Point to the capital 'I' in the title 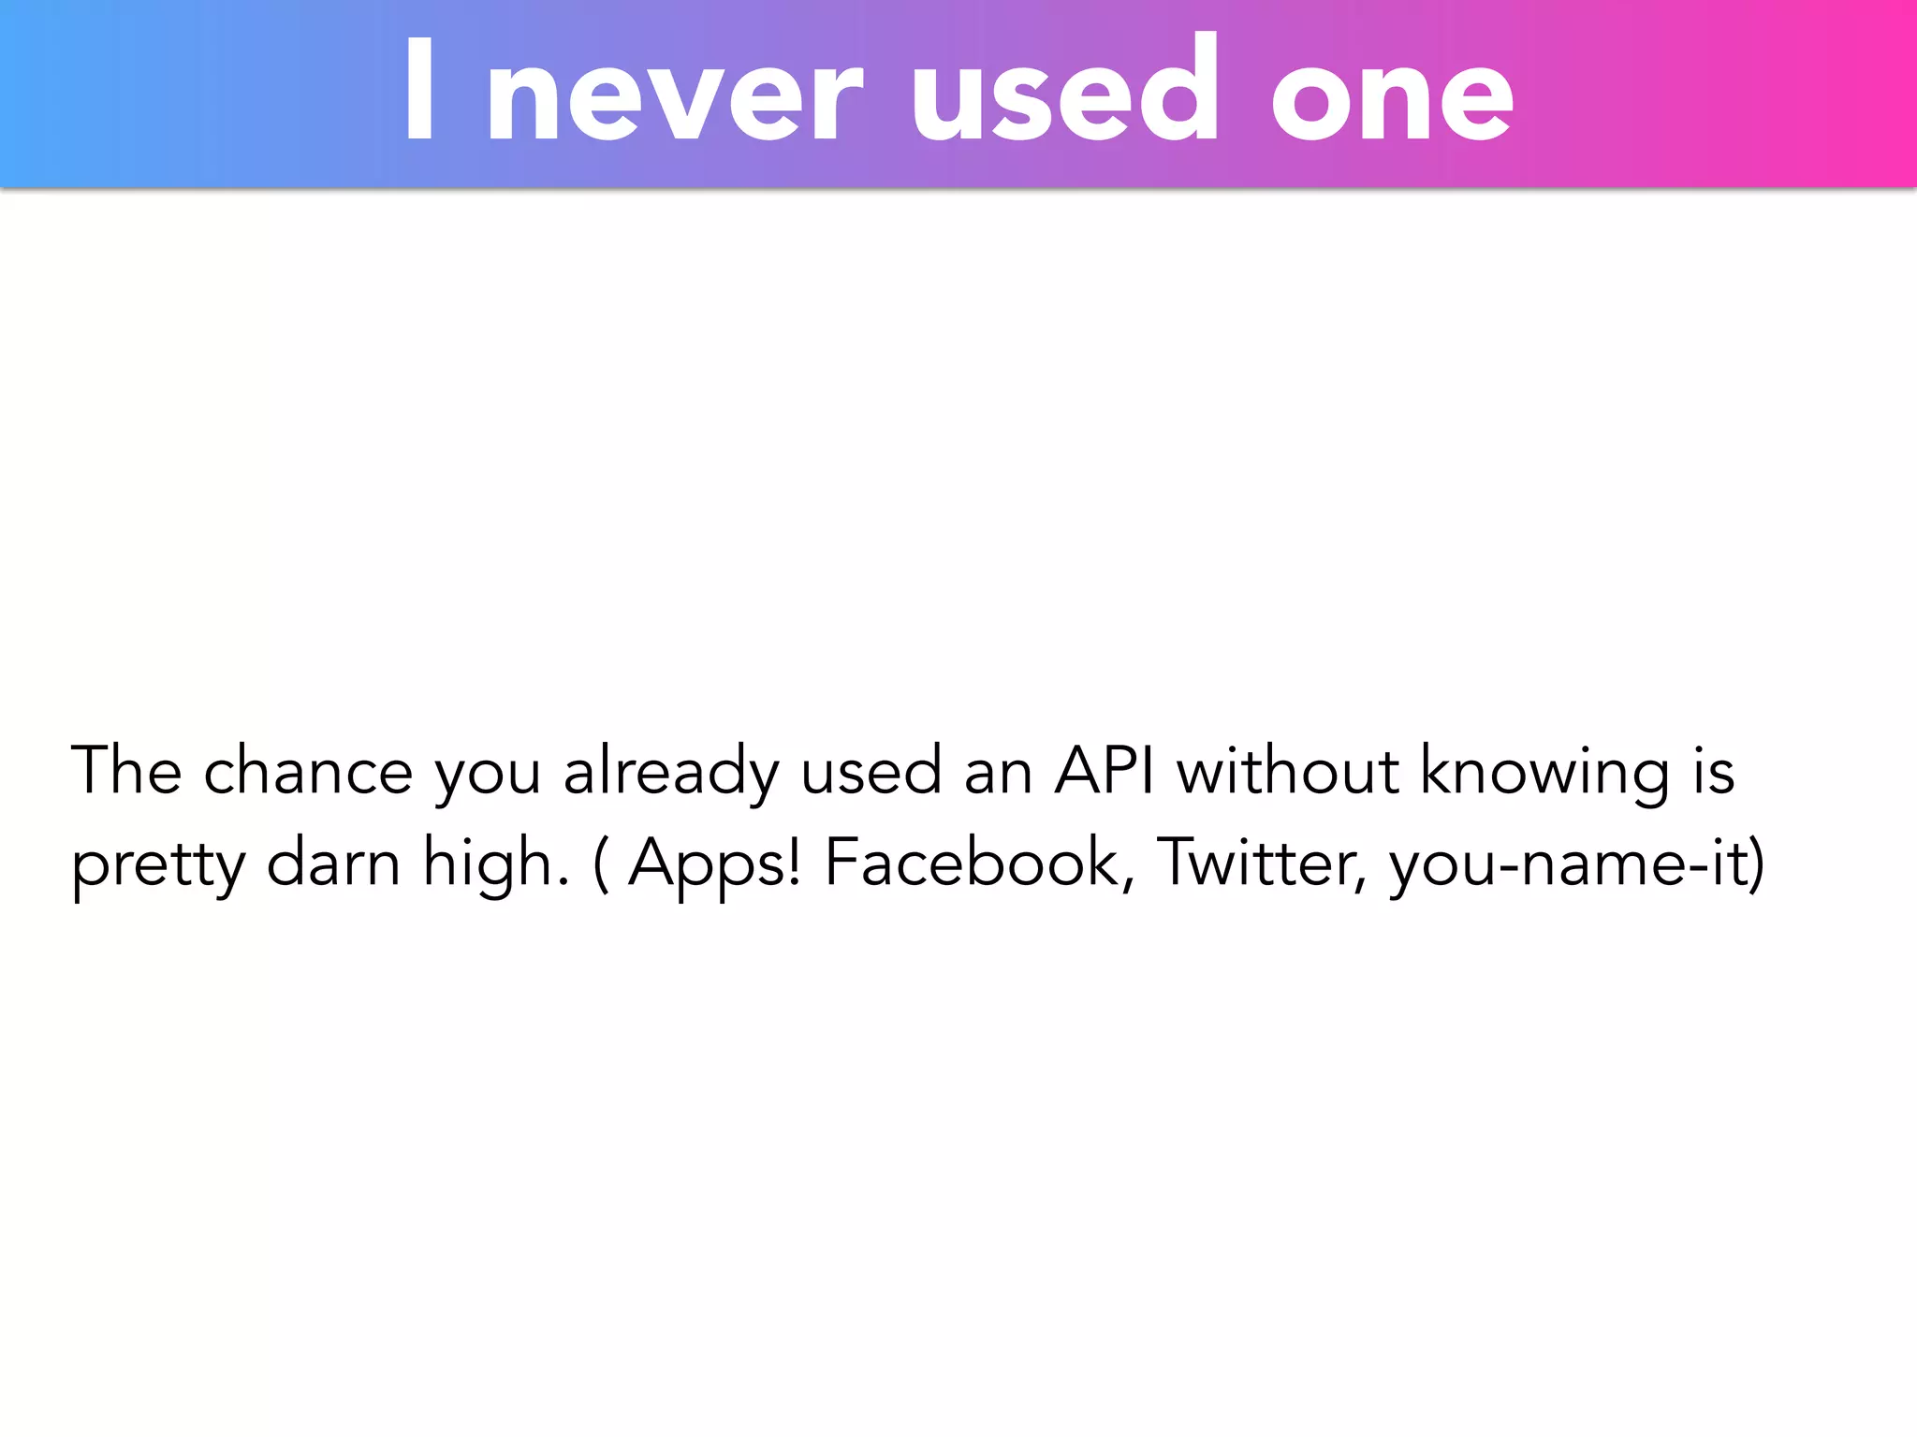click(419, 91)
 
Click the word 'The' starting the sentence click(126, 771)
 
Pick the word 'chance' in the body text click(308, 771)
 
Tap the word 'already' click(670, 773)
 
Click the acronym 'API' click(1105, 771)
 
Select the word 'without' click(1288, 771)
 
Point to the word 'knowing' click(1544, 773)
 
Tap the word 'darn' click(333, 862)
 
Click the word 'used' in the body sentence click(871, 771)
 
